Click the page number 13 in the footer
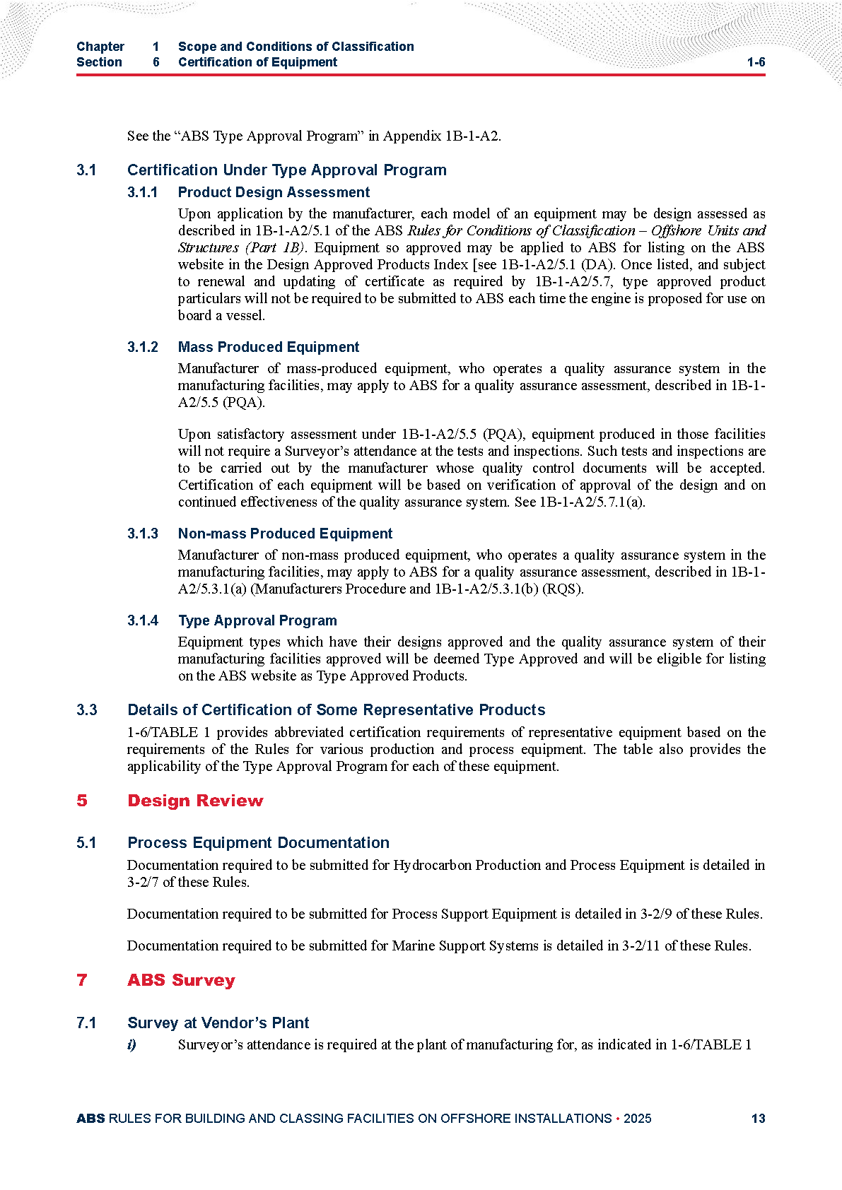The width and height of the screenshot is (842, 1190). tap(758, 1118)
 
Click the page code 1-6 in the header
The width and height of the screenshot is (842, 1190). tap(756, 62)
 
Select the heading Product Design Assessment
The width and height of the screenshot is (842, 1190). tap(274, 192)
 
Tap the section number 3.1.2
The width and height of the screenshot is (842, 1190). tap(142, 347)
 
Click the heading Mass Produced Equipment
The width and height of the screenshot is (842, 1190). tap(269, 347)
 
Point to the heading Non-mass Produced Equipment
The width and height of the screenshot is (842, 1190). tap(285, 534)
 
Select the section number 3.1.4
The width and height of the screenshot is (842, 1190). tap(142, 620)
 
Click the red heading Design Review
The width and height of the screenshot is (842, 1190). tap(195, 801)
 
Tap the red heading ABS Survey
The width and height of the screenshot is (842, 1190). tap(181, 980)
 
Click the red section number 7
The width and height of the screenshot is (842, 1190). tap(82, 980)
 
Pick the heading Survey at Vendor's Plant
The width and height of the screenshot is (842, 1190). tap(218, 1023)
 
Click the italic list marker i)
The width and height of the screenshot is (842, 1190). tap(131, 1044)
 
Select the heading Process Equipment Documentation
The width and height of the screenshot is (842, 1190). tap(258, 842)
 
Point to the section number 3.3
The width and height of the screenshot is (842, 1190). tap(86, 709)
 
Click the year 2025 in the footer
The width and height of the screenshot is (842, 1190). tap(637, 1118)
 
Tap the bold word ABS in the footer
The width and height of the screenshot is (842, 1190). tap(90, 1118)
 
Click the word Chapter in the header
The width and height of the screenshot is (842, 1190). tap(100, 47)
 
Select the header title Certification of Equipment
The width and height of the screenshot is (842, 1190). tap(257, 62)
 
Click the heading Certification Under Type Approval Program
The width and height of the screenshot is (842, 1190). tap(286, 170)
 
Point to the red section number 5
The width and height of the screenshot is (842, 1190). tap(82, 801)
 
